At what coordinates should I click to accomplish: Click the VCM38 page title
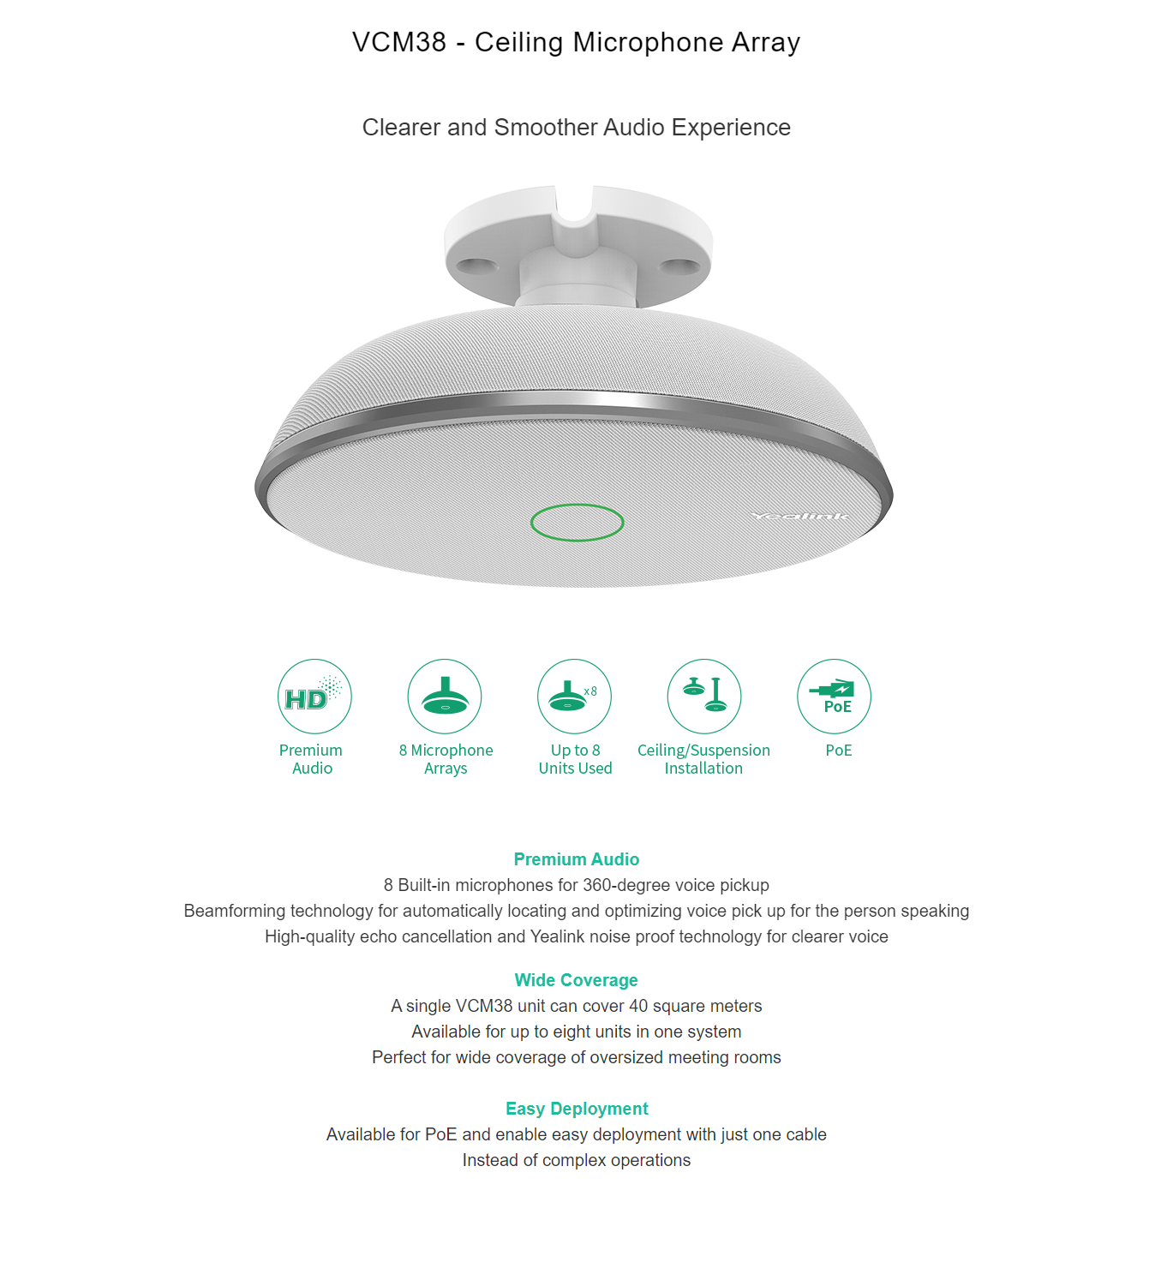[x=576, y=42]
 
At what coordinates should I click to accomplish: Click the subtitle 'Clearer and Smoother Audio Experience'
[x=576, y=128]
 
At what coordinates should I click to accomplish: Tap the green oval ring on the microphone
[x=577, y=523]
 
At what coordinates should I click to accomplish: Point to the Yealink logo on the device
[x=799, y=516]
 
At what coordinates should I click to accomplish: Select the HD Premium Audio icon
[x=314, y=697]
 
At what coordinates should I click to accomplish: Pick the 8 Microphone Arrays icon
[x=445, y=697]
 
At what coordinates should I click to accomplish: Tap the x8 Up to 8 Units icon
[x=574, y=697]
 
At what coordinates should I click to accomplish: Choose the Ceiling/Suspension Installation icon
[x=704, y=697]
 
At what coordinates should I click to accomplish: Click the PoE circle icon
[x=834, y=697]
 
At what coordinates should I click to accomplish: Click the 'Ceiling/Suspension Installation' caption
[x=703, y=759]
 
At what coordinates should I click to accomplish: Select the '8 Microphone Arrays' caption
[x=446, y=759]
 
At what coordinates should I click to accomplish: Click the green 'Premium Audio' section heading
[x=576, y=859]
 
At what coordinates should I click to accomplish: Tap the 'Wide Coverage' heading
[x=576, y=980]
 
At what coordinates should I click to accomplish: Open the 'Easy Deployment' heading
[x=576, y=1109]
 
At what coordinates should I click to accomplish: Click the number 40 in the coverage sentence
[x=638, y=1006]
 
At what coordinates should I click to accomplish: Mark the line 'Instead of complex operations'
[x=576, y=1160]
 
